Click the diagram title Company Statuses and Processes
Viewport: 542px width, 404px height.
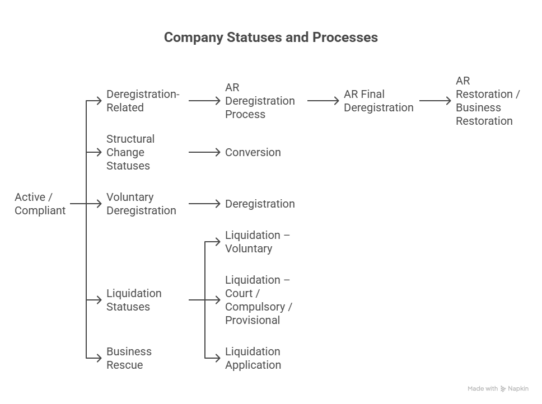click(x=270, y=37)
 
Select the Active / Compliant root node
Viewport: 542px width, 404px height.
click(x=40, y=204)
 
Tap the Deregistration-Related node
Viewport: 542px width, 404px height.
click(x=143, y=101)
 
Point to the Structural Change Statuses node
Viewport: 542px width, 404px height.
click(x=130, y=152)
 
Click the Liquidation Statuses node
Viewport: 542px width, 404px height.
click(x=134, y=300)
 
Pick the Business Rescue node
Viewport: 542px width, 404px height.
click(x=129, y=358)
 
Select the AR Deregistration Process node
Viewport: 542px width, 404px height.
click(x=259, y=101)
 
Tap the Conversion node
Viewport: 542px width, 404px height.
click(x=253, y=152)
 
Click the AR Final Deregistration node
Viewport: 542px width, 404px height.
click(x=378, y=101)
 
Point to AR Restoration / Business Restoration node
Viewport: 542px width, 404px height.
click(x=487, y=101)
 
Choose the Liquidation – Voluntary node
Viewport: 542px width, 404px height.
click(x=257, y=242)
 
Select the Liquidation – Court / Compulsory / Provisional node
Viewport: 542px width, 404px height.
click(x=259, y=300)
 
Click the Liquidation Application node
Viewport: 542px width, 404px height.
click(x=253, y=358)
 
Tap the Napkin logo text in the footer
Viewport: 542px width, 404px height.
click(x=518, y=388)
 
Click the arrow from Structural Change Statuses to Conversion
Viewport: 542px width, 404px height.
click(x=204, y=152)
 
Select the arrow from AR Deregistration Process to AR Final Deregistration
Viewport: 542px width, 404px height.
click(x=324, y=101)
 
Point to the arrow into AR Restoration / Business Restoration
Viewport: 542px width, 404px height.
click(x=435, y=101)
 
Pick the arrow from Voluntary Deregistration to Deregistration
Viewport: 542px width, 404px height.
click(x=204, y=204)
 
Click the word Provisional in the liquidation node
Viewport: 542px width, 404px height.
click(x=253, y=320)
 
